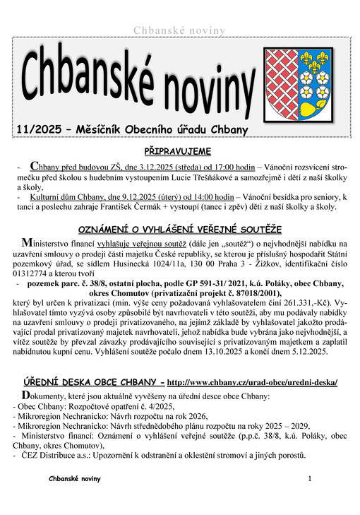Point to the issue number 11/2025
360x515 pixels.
42,129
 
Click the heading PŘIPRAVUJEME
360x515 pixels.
179,150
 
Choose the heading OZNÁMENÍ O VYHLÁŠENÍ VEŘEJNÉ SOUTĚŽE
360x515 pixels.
179,230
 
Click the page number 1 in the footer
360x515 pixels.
309,479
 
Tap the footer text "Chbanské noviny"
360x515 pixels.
75,479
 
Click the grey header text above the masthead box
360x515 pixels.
179,30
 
